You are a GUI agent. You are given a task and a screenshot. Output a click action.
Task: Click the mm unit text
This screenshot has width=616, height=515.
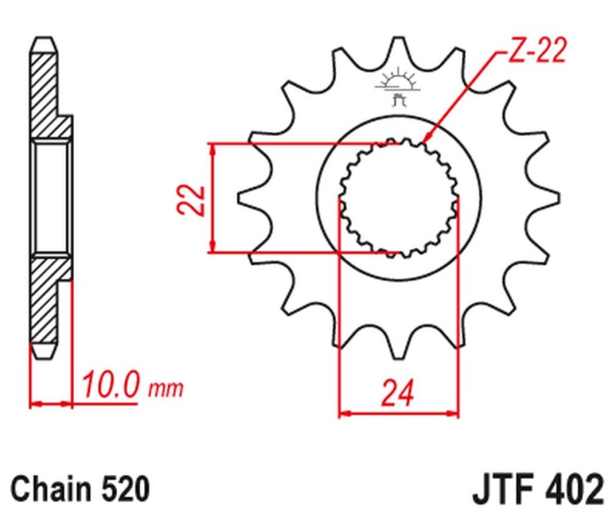(166, 388)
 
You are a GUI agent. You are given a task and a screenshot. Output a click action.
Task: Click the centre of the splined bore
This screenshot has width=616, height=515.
(399, 198)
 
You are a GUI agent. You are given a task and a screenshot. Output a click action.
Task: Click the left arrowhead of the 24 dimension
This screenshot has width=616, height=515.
(344, 414)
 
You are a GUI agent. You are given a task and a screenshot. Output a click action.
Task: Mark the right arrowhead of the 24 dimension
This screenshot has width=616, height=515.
(454, 414)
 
